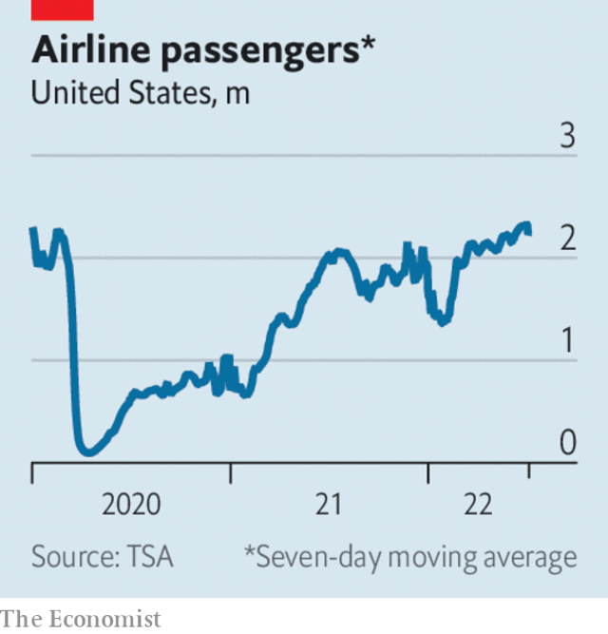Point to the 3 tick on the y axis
click(x=567, y=137)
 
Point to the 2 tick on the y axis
click(x=567, y=240)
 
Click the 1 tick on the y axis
click(x=568, y=341)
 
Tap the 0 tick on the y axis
click(x=567, y=444)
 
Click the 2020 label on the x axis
click(x=132, y=505)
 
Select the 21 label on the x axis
click(x=328, y=505)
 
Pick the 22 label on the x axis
click(x=480, y=505)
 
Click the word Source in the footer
click(x=71, y=556)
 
